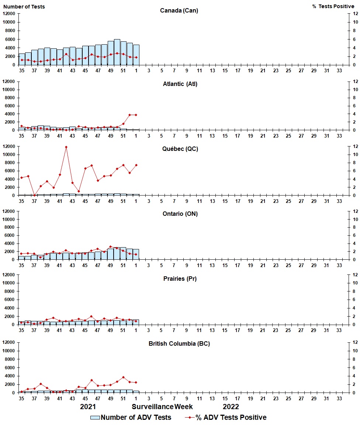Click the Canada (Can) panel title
(179, 10)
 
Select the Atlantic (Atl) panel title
(180, 84)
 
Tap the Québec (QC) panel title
(179, 149)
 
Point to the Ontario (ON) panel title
(179, 214)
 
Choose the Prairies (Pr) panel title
(180, 279)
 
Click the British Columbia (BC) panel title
(179, 343)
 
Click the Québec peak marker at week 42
(66, 147)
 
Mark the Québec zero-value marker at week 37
(34, 195)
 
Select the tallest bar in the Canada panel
(117, 52)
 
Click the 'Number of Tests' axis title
(24, 7)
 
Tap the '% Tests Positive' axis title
(333, 7)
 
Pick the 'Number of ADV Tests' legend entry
(131, 417)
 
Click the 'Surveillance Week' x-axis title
(162, 407)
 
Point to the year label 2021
(88, 407)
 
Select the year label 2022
(231, 407)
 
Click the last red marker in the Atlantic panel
(136, 115)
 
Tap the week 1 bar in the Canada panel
(136, 55)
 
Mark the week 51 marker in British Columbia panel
(123, 377)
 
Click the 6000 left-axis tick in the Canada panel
(10, 39)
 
